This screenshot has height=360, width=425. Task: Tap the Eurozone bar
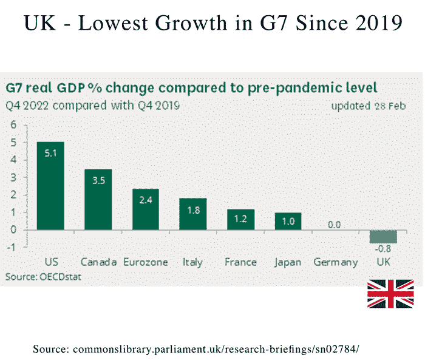tap(146, 209)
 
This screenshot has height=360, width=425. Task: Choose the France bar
tap(240, 220)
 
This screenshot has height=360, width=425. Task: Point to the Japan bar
tap(288, 221)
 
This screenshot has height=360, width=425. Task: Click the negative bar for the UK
tap(383, 236)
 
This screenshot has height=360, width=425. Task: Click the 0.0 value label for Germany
tap(335, 225)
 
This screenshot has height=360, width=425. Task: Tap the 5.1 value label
tap(50, 153)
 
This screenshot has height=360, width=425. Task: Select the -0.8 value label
tap(382, 248)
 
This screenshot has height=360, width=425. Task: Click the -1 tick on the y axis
tap(11, 246)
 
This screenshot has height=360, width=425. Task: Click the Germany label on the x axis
tap(335, 263)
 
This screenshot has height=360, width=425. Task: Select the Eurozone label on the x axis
tap(146, 263)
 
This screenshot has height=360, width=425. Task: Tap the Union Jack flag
tap(390, 294)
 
